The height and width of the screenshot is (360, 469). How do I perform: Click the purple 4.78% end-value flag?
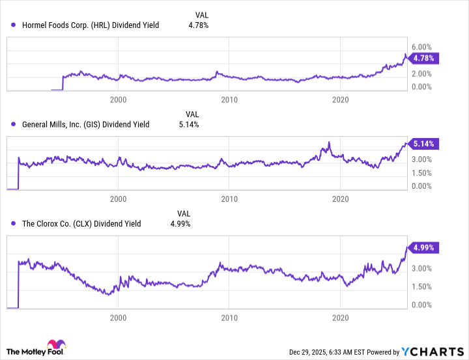coord(425,58)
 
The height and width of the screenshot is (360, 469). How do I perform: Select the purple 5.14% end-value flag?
coord(425,143)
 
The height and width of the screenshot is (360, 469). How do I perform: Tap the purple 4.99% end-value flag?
coord(425,247)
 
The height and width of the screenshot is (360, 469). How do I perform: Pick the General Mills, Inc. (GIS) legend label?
coord(86,124)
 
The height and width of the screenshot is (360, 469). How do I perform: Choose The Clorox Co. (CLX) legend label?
coord(81,223)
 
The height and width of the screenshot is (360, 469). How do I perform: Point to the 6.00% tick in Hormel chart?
coord(424,47)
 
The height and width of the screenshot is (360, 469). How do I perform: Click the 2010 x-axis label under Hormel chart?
coord(229,100)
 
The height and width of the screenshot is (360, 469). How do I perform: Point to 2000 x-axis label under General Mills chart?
coord(118,198)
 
